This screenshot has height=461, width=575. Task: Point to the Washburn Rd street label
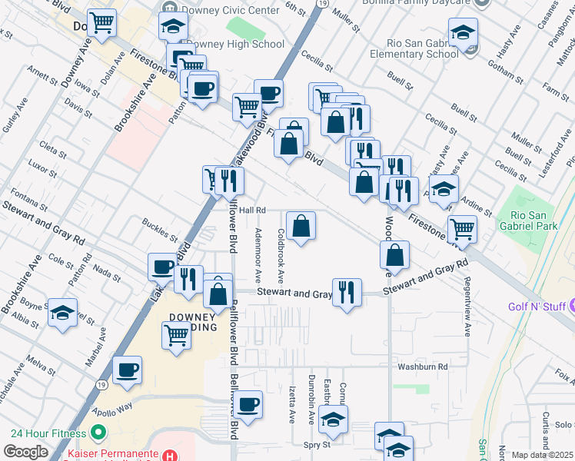(x=422, y=367)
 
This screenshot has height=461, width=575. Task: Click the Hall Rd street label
(x=251, y=210)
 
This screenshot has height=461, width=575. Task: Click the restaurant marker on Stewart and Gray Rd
(x=347, y=292)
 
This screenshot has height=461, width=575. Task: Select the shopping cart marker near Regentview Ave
(x=462, y=228)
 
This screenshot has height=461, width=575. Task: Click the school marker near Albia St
(x=63, y=313)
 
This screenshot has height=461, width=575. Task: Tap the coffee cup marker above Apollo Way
(x=127, y=370)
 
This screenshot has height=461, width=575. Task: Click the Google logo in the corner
(x=25, y=452)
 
